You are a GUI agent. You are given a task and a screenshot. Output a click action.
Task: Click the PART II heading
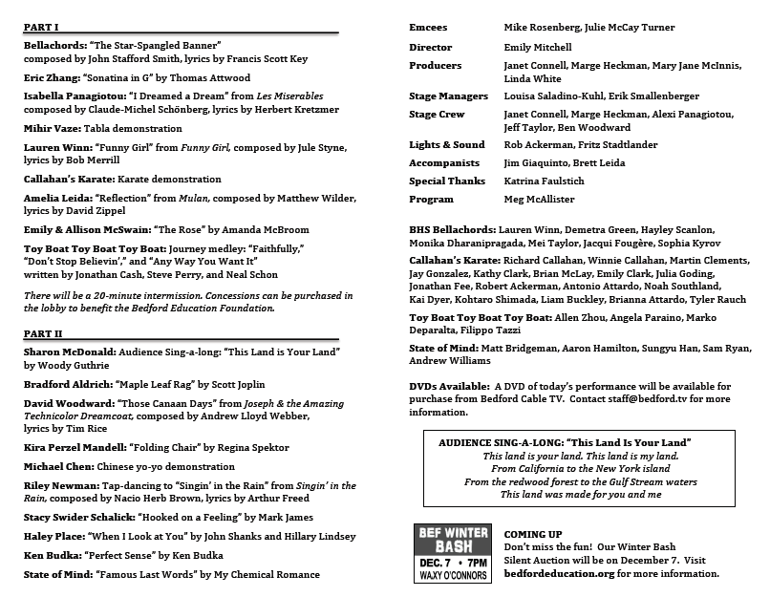pos(43,333)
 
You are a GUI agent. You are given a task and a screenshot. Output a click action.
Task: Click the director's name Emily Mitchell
pos(538,47)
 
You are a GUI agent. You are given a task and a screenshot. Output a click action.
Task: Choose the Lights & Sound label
pos(447,145)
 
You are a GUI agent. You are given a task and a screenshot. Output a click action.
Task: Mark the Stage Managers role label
pos(448,96)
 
